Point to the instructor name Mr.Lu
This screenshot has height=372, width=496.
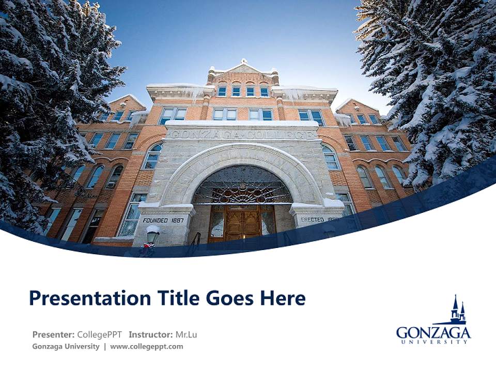pyautogui.click(x=186, y=335)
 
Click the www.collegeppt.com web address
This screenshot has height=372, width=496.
pyautogui.click(x=146, y=347)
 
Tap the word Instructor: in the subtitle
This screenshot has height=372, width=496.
pyautogui.click(x=151, y=335)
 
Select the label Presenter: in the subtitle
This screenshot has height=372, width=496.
pyautogui.click(x=53, y=335)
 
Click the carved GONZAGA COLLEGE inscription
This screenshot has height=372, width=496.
pyautogui.click(x=242, y=134)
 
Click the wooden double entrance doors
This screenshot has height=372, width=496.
pyautogui.click(x=242, y=224)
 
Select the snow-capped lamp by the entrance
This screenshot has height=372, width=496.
pyautogui.click(x=152, y=234)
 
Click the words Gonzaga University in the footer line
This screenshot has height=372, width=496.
pyautogui.click(x=66, y=347)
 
